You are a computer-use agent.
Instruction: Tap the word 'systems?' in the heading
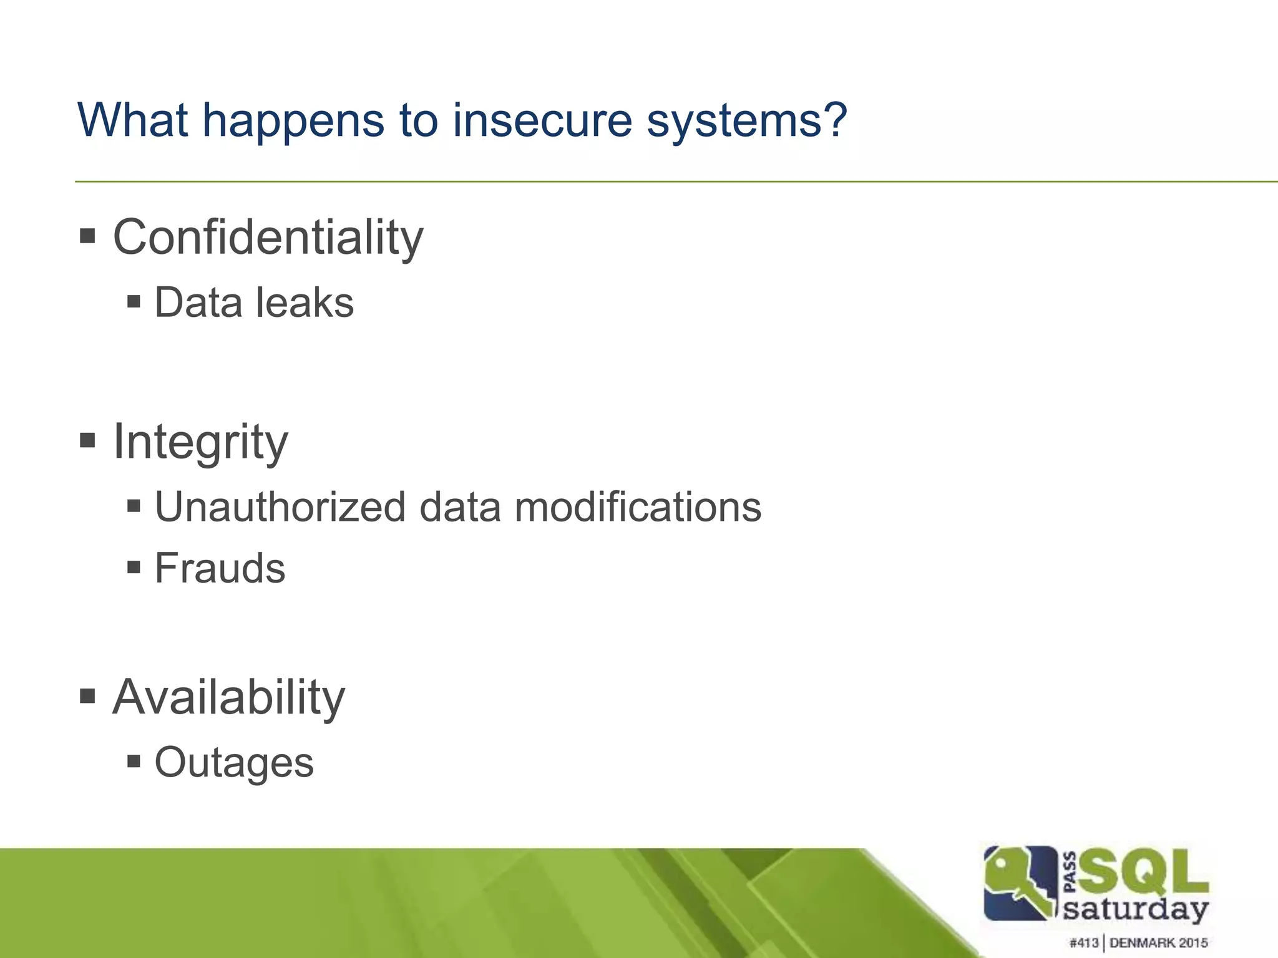(x=746, y=122)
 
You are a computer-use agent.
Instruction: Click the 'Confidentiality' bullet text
(x=268, y=238)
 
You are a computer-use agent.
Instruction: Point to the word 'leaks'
(x=305, y=302)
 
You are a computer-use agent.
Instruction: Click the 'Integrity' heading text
(x=200, y=442)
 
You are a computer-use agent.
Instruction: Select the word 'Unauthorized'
(x=280, y=506)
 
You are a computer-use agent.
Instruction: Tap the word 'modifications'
(x=637, y=506)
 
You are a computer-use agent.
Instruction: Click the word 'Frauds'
(x=220, y=568)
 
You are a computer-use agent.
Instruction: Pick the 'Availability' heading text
(x=228, y=697)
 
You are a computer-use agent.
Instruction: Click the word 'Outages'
(x=234, y=762)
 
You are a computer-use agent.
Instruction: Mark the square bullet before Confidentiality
(x=87, y=236)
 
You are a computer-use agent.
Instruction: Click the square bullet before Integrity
(x=87, y=441)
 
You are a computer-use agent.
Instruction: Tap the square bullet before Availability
(x=87, y=695)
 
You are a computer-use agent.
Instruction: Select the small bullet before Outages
(x=133, y=761)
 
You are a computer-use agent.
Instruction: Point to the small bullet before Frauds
(x=133, y=567)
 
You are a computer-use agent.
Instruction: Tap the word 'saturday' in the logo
(x=1136, y=909)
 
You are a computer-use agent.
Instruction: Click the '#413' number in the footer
(x=1084, y=942)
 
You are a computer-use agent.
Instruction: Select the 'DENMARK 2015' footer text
(x=1159, y=942)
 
